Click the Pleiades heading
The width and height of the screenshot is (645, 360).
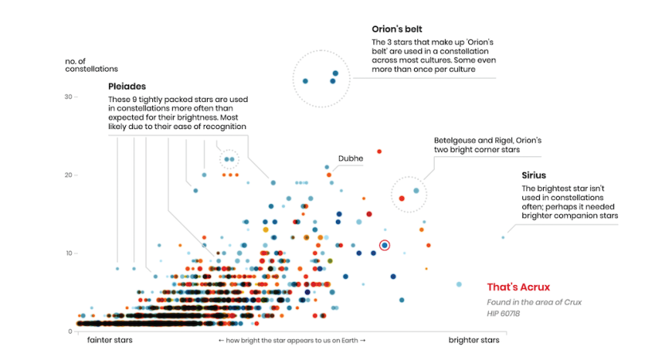[127, 86]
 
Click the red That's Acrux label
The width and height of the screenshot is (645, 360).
[518, 287]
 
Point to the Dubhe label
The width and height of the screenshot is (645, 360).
[350, 158]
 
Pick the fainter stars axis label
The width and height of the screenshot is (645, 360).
[110, 341]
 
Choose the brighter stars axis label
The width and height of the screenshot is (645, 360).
[474, 341]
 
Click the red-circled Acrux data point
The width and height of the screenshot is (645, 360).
[385, 245]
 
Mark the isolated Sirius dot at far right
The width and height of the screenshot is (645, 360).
[502, 237]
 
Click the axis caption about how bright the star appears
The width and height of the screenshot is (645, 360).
[292, 341]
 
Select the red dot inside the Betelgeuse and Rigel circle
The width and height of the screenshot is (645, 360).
[402, 198]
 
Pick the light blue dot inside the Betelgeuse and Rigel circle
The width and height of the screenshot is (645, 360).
[416, 191]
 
